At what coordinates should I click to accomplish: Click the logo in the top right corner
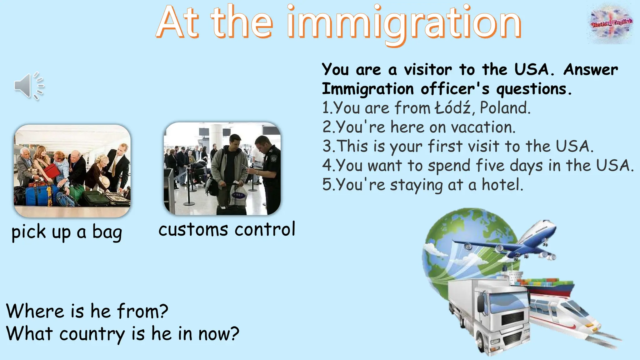pyautogui.click(x=611, y=23)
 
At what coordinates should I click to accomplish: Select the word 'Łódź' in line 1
pyautogui.click(x=453, y=108)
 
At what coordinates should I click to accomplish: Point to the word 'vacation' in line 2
pyautogui.click(x=483, y=127)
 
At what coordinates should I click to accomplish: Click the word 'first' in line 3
pyautogui.click(x=445, y=146)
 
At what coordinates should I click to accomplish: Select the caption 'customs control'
pyautogui.click(x=227, y=230)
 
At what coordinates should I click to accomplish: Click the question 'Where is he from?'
pyautogui.click(x=87, y=311)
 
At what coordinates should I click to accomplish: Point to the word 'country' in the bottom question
pyautogui.click(x=92, y=334)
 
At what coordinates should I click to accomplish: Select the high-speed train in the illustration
pyautogui.click(x=566, y=312)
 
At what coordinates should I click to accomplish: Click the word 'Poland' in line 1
pyautogui.click(x=505, y=108)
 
